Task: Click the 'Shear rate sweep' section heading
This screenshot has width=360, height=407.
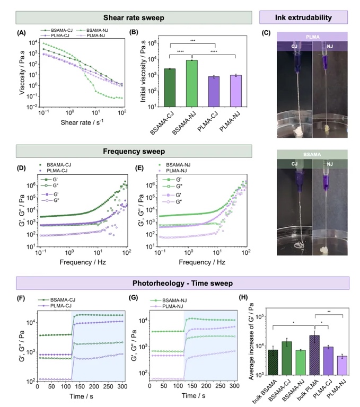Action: pos(133,17)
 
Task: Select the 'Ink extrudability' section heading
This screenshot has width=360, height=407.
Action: pos(304,17)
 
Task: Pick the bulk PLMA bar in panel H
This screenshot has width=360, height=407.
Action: pos(314,355)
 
